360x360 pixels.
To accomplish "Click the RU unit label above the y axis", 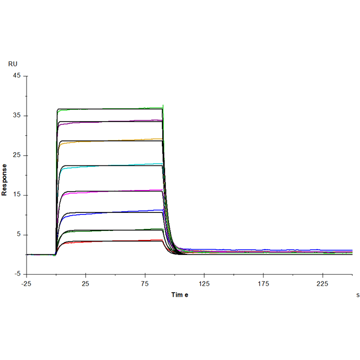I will [x=13, y=64].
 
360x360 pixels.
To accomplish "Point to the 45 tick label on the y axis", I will [x=17, y=76].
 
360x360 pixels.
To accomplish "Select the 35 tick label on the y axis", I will [x=17, y=116].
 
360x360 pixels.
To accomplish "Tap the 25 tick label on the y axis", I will [x=17, y=155].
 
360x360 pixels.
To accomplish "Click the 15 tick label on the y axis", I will [x=17, y=195].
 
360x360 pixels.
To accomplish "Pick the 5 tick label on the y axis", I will [x=19, y=235].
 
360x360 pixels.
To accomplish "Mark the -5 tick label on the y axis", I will [x=17, y=275].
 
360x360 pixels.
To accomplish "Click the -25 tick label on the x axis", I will [x=27, y=284].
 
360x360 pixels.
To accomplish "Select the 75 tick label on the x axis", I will [x=145, y=284].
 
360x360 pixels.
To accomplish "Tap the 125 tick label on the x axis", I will [x=204, y=284].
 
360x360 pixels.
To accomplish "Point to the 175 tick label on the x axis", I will [x=263, y=284].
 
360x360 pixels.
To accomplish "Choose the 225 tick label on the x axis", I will [x=323, y=284].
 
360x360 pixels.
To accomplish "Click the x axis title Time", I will [x=180, y=295].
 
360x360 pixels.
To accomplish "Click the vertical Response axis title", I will [x=5, y=180].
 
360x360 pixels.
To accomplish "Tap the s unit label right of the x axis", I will [x=357, y=295].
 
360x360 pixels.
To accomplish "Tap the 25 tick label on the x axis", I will [x=86, y=284].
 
